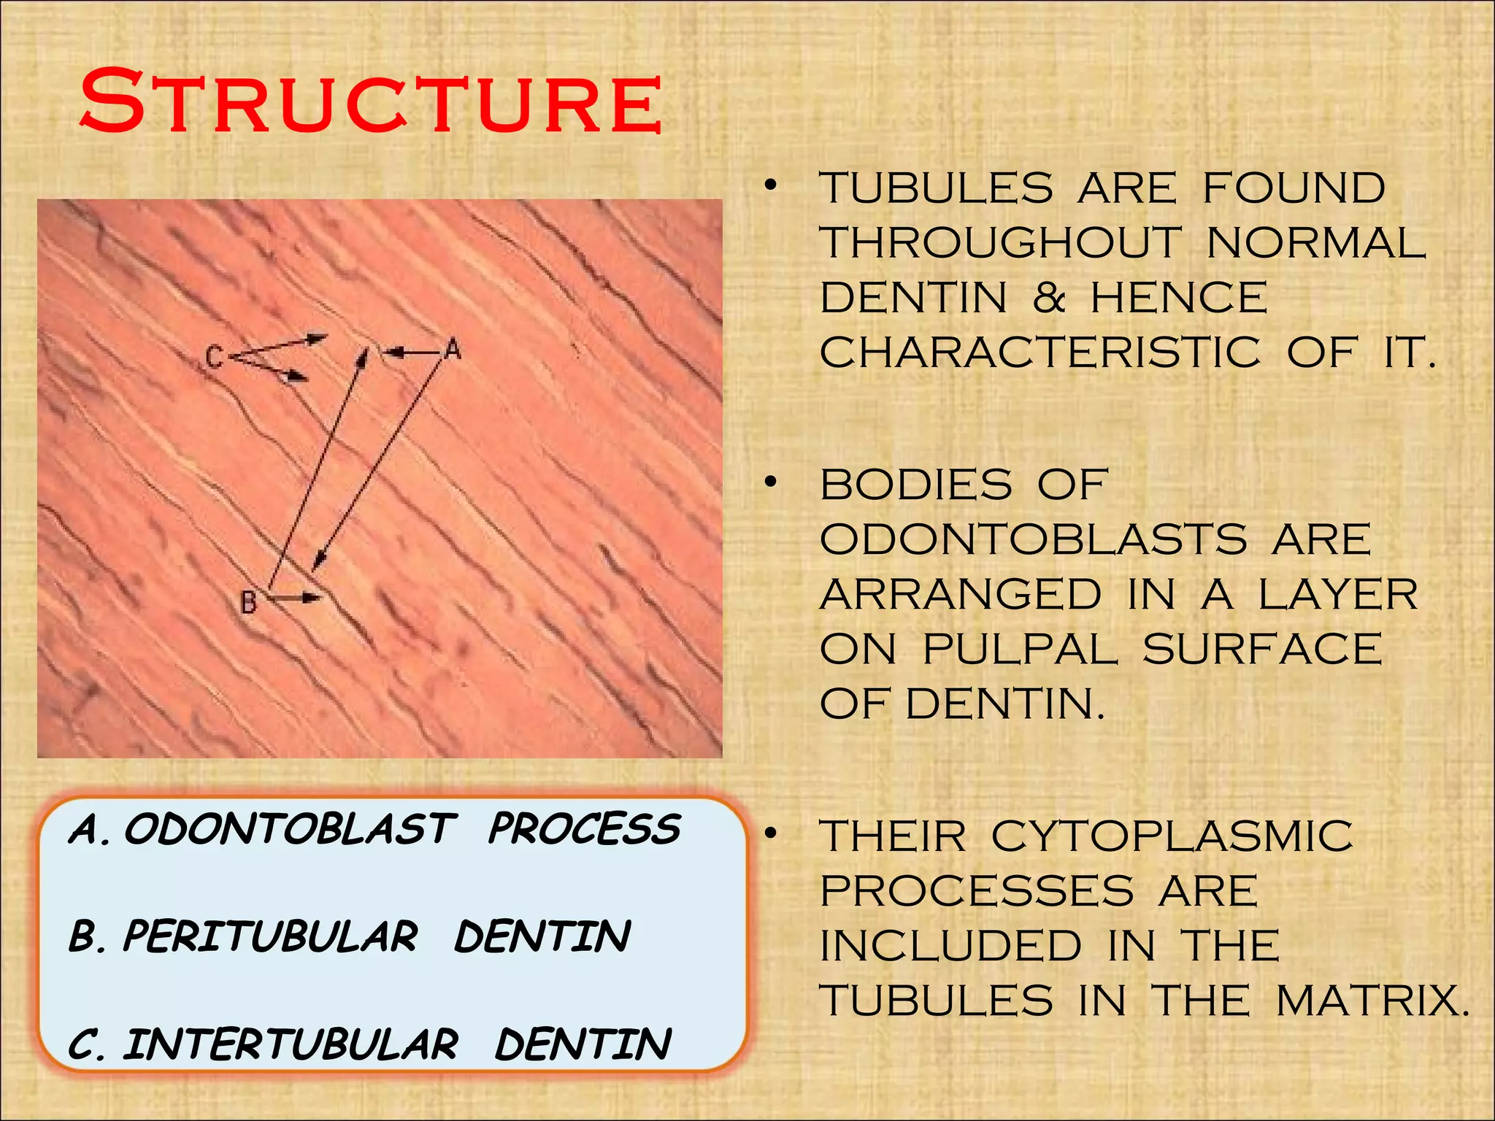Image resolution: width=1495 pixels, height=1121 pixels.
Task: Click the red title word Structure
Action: tap(371, 101)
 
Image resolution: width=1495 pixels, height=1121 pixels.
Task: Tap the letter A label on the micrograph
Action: tap(453, 350)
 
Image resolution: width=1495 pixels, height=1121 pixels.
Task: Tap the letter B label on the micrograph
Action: tap(248, 603)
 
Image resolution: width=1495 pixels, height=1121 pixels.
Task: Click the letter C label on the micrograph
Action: tap(213, 358)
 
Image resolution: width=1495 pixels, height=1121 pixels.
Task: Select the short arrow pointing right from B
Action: tap(296, 598)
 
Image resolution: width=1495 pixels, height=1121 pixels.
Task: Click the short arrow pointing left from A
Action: tap(412, 353)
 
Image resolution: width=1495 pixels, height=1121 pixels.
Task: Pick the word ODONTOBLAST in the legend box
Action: tap(290, 830)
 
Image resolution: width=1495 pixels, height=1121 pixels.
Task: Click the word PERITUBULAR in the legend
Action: tap(270, 936)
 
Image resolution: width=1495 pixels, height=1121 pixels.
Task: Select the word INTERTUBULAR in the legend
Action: tap(291, 1044)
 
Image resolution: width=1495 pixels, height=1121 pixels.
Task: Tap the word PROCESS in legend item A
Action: tap(584, 830)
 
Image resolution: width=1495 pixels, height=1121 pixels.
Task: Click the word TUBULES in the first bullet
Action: tap(937, 188)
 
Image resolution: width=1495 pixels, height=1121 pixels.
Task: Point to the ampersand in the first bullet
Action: tap(1049, 298)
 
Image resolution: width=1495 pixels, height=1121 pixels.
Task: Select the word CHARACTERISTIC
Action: tap(1039, 353)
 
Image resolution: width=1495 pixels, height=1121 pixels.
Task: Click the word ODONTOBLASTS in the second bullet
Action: tap(1033, 540)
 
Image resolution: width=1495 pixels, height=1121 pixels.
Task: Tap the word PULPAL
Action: tap(1020, 649)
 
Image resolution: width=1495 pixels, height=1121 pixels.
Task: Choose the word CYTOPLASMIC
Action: tap(1172, 836)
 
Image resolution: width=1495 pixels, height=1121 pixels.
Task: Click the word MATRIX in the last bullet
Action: tap(1372, 1001)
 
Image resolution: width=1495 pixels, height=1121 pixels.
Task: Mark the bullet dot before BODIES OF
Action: tap(770, 483)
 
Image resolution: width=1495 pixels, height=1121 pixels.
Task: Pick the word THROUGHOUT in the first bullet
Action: tap(1000, 243)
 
